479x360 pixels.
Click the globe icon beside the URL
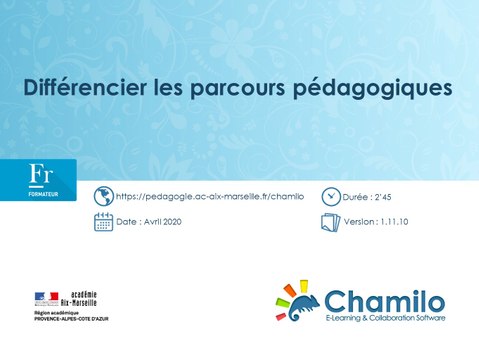coord(103,197)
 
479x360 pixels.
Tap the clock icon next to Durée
coord(330,197)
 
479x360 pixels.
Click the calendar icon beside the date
coord(103,222)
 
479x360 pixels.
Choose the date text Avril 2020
coord(162,222)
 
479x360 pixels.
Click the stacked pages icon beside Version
coord(330,222)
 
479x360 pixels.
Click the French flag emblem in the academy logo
coord(47,297)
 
